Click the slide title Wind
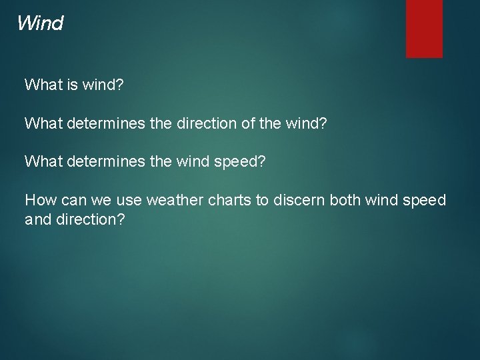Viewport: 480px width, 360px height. [40, 24]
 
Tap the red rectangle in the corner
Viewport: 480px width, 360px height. [424, 28]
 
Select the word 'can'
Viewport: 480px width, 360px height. [70, 200]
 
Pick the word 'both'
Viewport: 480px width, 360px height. [344, 200]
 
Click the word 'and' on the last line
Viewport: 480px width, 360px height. [37, 219]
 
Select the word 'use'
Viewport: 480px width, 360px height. [128, 200]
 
